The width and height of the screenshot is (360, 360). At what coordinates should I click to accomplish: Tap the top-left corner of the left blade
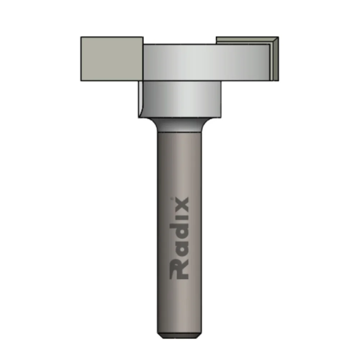[x=81, y=37]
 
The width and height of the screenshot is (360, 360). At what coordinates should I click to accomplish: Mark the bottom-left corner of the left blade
[x=81, y=80]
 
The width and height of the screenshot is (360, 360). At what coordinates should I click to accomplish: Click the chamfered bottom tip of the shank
[x=179, y=335]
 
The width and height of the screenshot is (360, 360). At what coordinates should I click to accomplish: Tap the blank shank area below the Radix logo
[x=179, y=306]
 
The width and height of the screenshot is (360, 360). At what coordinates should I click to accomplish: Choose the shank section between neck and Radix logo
[x=179, y=162]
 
